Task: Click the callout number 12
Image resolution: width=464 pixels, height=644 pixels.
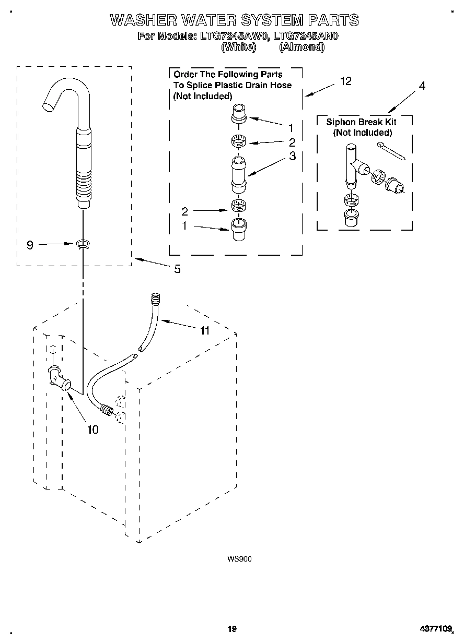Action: tap(345, 81)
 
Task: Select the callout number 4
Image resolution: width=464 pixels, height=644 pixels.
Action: tap(422, 86)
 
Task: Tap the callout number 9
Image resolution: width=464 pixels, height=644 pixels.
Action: tap(30, 244)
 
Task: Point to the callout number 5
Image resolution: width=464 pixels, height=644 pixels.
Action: tap(177, 269)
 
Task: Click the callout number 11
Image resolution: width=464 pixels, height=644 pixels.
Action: tap(204, 330)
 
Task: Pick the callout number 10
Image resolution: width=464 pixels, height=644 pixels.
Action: tap(92, 430)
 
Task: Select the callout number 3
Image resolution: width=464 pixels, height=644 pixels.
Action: tap(292, 156)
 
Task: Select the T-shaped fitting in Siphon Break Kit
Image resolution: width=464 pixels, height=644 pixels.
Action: tap(353, 165)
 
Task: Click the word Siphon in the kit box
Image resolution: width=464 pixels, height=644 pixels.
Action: tap(341, 122)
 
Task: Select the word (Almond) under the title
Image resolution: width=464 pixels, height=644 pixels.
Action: tap(301, 47)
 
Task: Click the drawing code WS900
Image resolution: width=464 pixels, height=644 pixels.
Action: tap(239, 559)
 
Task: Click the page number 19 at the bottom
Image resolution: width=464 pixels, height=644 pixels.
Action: tap(233, 629)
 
